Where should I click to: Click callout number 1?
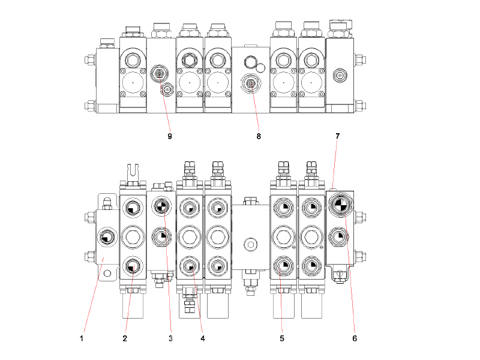click(x=81, y=338)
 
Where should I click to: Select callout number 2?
click(x=125, y=338)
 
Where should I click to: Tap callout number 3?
click(x=170, y=338)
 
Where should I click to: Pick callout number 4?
click(x=203, y=338)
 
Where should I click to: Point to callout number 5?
click(x=281, y=338)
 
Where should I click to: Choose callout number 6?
click(x=355, y=338)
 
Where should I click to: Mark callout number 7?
click(x=338, y=136)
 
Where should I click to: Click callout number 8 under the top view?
click(x=259, y=136)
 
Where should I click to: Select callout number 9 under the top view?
click(x=170, y=136)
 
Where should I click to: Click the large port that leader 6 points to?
click(x=340, y=205)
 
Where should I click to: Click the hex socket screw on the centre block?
click(x=250, y=244)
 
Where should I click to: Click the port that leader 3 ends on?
click(x=161, y=206)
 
